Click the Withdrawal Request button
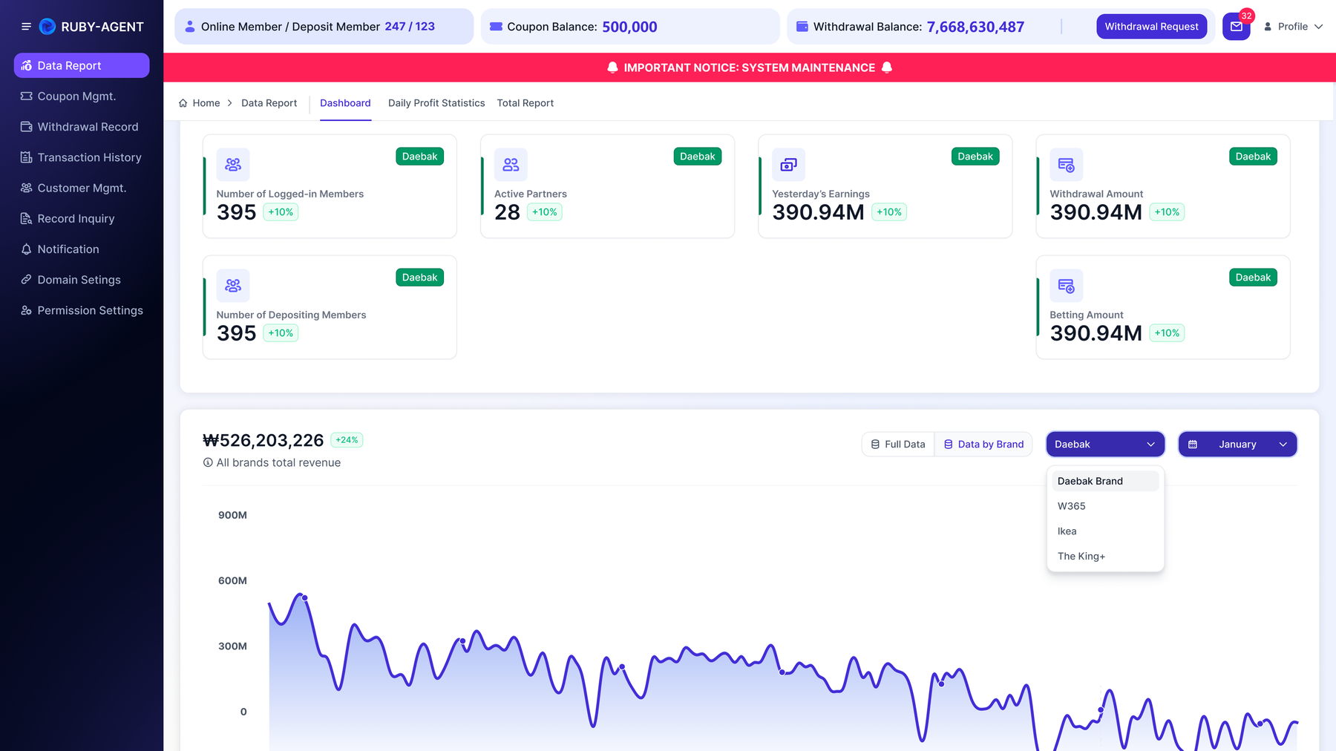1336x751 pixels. tap(1151, 27)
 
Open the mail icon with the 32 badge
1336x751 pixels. tap(1237, 27)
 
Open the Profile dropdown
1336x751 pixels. tap(1293, 27)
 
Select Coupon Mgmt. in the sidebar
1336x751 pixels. tap(76, 96)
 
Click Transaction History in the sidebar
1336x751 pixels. tap(89, 157)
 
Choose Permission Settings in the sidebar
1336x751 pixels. tap(90, 310)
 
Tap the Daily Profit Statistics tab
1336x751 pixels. tap(436, 103)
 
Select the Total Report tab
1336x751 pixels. tap(525, 103)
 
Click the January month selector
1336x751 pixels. tap(1237, 445)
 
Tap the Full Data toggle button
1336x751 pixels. tap(898, 445)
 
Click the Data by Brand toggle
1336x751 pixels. tap(983, 445)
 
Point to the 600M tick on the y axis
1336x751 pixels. tap(232, 580)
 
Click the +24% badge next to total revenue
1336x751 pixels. tap(347, 440)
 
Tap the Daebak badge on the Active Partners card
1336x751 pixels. tap(698, 157)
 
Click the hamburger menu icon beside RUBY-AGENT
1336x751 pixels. tap(26, 27)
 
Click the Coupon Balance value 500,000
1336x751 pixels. tap(629, 27)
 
